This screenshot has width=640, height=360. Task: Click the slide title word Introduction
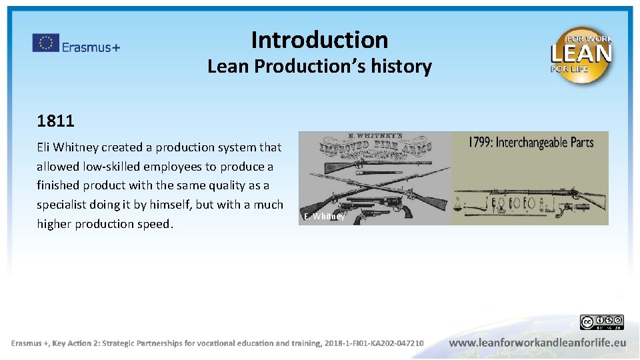(319, 40)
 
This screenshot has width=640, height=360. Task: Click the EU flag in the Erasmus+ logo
(46, 43)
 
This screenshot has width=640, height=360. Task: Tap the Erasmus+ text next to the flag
(91, 47)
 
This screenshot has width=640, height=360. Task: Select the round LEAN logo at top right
(581, 55)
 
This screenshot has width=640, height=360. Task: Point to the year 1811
(55, 121)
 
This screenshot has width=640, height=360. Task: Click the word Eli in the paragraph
(45, 147)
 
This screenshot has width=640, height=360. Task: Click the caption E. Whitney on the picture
(324, 217)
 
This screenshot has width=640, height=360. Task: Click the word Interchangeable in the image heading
(533, 142)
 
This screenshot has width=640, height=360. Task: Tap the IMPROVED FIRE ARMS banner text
(375, 147)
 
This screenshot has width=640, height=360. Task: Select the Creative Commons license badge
(601, 323)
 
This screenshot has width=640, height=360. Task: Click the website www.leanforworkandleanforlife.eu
(537, 343)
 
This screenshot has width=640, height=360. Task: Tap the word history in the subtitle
(404, 67)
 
